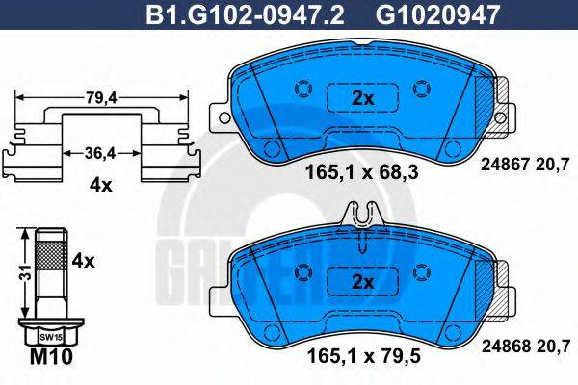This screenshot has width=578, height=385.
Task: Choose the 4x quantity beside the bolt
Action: click(x=84, y=261)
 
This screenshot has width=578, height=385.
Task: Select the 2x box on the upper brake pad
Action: click(x=361, y=98)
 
